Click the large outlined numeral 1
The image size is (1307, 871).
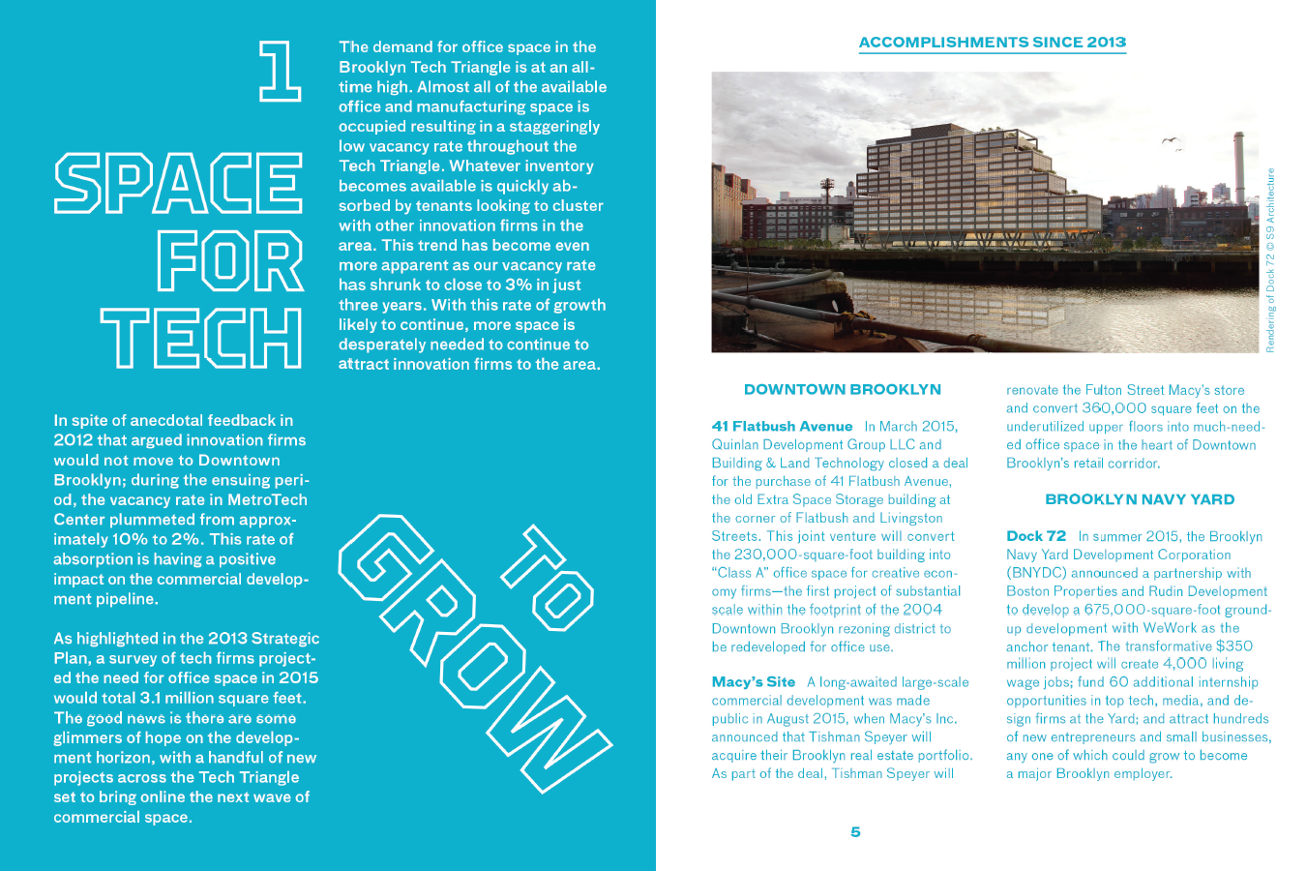coord(279,71)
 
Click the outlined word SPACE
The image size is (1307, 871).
coord(178,183)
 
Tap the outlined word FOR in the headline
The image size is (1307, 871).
coord(230,261)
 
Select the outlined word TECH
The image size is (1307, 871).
coord(201,338)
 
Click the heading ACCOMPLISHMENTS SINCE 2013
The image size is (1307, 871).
coord(992,43)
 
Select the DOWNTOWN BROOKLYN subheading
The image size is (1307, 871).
coord(842,389)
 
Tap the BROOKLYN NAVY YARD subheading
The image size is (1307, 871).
coord(1140,499)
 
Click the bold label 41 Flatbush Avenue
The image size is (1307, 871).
coord(782,426)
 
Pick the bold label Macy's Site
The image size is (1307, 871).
coord(753,682)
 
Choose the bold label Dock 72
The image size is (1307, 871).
coord(1035,536)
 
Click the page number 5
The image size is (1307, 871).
coord(855,832)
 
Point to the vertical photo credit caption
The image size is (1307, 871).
coord(1270,259)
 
